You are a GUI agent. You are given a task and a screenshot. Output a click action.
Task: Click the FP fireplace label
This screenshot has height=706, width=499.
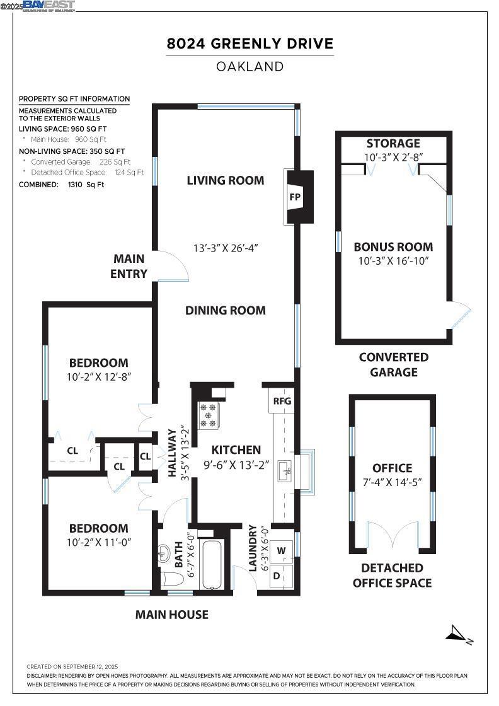(295, 197)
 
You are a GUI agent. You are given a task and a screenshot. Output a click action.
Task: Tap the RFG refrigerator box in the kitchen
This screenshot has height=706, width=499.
(282, 400)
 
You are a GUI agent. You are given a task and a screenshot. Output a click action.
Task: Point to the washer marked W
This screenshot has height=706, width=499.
(282, 550)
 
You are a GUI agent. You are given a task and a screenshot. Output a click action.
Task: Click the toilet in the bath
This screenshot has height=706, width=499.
(171, 578)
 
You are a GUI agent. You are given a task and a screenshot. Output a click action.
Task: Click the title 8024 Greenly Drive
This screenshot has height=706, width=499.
(250, 43)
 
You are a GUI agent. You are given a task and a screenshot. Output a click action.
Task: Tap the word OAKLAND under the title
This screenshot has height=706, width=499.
(250, 67)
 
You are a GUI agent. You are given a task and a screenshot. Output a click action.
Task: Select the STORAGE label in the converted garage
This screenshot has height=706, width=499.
(393, 144)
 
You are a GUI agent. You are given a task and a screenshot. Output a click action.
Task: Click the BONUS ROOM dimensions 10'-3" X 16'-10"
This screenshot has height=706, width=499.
(394, 261)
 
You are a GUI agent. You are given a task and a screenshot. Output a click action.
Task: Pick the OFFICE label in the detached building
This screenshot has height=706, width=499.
(393, 468)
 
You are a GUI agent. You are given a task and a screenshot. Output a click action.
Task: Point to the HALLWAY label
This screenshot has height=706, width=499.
(172, 453)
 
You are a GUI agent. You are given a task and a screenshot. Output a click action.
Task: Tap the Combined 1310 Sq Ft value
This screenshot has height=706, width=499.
(86, 185)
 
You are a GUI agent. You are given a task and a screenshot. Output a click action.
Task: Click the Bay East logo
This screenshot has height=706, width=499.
(49, 6)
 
